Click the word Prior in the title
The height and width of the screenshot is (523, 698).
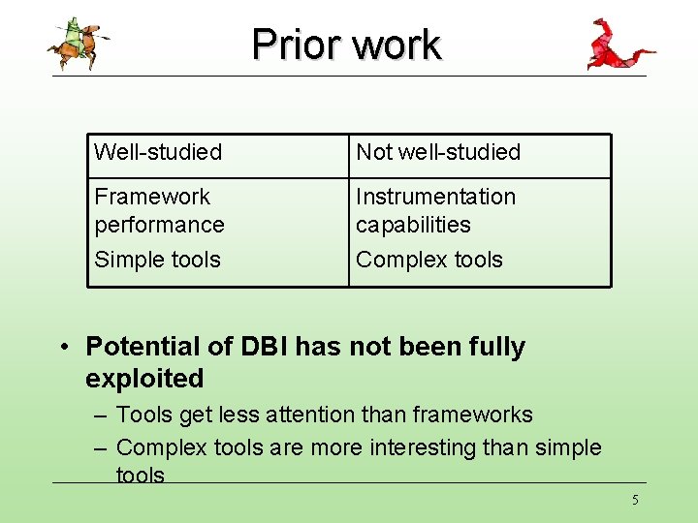297,45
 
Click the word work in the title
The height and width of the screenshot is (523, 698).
397,45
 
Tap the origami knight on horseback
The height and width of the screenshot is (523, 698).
79,44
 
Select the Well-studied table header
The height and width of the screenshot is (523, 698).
158,152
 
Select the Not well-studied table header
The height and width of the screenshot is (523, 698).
438,152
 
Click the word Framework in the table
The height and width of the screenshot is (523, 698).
152,197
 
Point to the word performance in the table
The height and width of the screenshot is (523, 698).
159,225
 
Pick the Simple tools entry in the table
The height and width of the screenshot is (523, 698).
158,260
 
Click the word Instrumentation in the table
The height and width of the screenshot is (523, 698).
436,197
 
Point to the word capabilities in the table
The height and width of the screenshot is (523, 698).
413,225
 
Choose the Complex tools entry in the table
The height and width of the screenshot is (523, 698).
429,260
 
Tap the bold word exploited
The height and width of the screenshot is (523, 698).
144,379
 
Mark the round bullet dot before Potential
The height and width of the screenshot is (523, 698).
65,346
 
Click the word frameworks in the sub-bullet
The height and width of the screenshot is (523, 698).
473,415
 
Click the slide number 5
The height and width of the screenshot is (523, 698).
635,500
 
